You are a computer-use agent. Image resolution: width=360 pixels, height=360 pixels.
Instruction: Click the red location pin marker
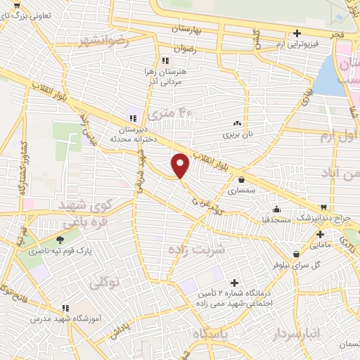(x=181, y=165)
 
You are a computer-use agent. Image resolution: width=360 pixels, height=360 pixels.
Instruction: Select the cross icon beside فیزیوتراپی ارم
(x=297, y=33)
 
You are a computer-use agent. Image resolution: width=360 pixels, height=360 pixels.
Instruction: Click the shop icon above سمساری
(x=242, y=180)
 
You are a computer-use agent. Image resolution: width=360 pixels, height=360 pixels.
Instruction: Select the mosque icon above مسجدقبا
(x=277, y=209)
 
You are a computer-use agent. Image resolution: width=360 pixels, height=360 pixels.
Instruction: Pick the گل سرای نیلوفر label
(x=316, y=264)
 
